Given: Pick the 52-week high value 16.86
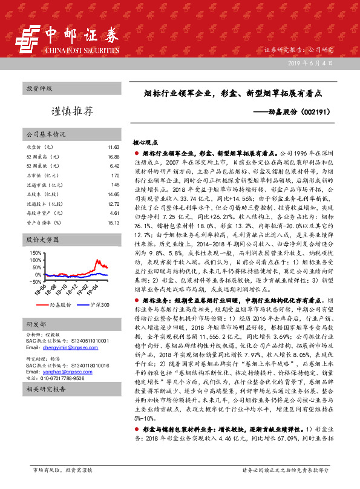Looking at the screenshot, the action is tap(113, 157).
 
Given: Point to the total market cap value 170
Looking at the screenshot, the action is tap(116, 176).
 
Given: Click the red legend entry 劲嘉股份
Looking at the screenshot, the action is tap(58, 306).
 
